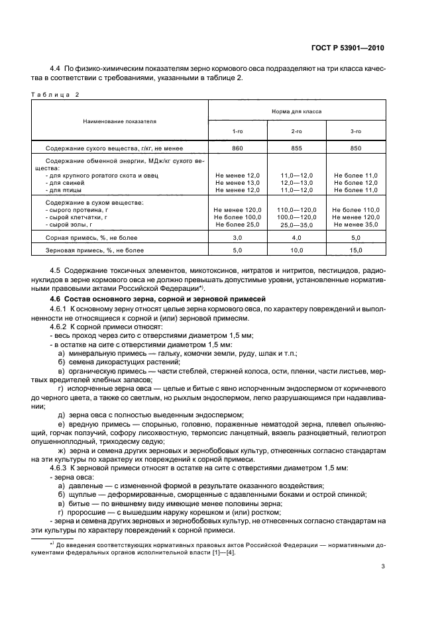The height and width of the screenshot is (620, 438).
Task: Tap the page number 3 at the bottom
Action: [383, 566]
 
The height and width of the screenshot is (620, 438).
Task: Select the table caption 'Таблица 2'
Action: [55, 94]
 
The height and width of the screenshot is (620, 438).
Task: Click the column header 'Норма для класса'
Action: [297, 112]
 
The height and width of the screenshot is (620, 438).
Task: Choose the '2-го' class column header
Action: [297, 132]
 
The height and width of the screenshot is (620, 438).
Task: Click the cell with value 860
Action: [238, 148]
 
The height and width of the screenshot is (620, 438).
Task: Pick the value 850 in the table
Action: [356, 148]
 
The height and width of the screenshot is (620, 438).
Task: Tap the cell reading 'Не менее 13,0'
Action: [238, 182]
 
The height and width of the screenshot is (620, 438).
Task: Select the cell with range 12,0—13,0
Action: [297, 182]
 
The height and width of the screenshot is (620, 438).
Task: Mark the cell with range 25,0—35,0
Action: [297, 225]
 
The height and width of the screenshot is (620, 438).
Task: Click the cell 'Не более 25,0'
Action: [238, 225]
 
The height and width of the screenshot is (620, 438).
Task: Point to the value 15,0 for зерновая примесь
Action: [356, 250]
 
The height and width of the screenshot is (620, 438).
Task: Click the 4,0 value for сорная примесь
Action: [297, 236]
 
